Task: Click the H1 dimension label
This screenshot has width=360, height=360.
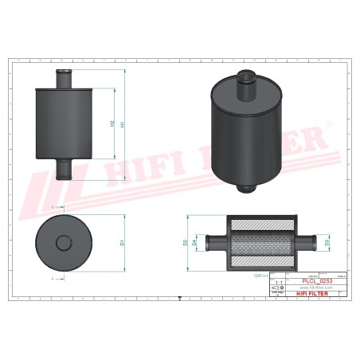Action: pos(123,126)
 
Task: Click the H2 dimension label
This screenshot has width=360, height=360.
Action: pos(111,125)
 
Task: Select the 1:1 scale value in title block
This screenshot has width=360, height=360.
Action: pos(278,282)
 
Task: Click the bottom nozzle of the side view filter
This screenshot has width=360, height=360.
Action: pos(64,169)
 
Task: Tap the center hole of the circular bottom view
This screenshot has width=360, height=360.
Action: pos(64,241)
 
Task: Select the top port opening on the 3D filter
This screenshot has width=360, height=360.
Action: pos(246,77)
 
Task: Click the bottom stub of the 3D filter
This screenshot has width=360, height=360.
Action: pos(248,188)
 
